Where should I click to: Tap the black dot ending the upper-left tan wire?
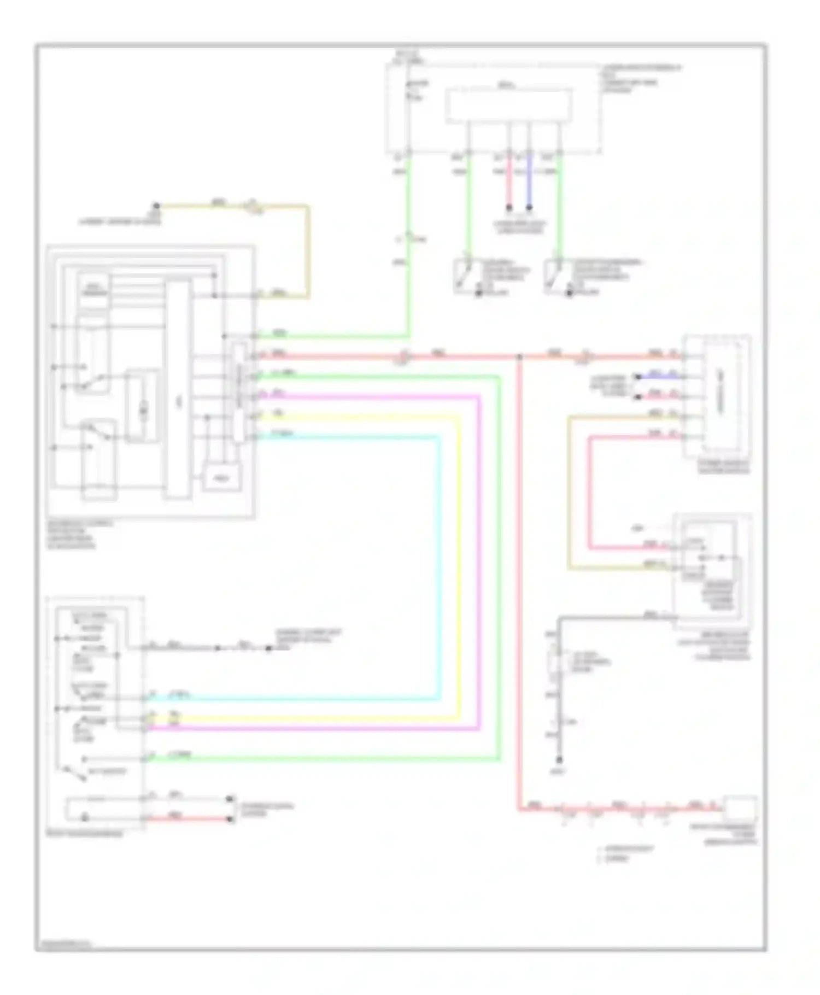coord(156,206)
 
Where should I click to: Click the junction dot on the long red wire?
coord(519,357)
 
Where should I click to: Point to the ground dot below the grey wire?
coord(559,760)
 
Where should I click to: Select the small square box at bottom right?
coord(740,807)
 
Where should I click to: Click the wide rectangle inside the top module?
coord(508,105)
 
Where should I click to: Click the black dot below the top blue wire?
coord(529,208)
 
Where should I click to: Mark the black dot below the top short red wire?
coord(509,208)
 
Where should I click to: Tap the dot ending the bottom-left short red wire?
coord(231,819)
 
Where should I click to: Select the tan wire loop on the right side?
coord(569,492)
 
